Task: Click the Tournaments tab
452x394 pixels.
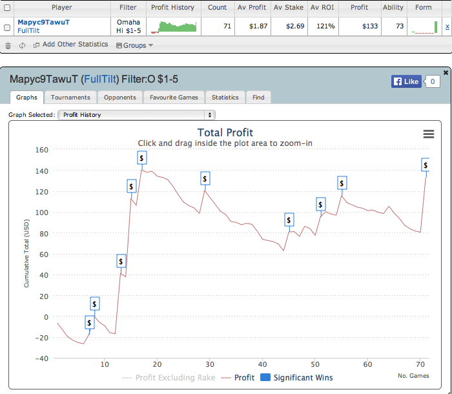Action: [70, 98]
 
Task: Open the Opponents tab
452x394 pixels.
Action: [120, 98]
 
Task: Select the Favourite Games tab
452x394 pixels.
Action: [174, 98]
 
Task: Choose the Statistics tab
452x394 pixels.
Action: [225, 98]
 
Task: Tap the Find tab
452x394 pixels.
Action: [258, 98]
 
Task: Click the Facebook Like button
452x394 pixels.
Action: [406, 81]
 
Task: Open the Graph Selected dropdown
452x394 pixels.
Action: [136, 115]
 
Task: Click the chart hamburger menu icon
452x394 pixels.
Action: [428, 134]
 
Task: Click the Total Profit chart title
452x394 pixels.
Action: [225, 133]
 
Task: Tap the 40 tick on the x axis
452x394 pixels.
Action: [262, 365]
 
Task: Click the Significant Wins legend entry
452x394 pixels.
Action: [296, 377]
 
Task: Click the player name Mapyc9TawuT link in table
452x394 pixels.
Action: [43, 22]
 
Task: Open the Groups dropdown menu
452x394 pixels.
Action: [134, 45]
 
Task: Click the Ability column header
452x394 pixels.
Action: [393, 8]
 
